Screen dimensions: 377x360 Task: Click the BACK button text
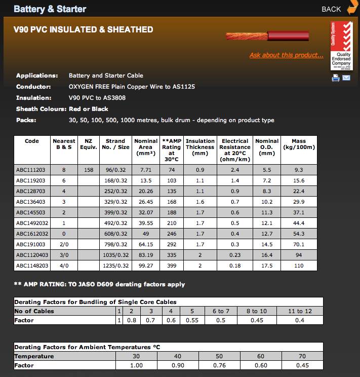331,9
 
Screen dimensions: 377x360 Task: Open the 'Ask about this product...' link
286,55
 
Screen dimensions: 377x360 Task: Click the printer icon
335,78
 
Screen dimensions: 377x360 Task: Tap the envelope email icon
346,78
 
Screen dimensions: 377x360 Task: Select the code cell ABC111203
31,170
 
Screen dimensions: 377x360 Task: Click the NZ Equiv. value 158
88,170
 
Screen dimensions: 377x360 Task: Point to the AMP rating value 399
171,266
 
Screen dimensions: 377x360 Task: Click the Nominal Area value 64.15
146,244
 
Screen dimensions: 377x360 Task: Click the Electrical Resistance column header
234,150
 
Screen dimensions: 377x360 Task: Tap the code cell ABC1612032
32,234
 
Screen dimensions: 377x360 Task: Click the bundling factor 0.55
192,320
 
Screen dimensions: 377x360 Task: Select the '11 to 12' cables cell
300,311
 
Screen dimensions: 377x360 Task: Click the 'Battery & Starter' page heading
50,9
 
